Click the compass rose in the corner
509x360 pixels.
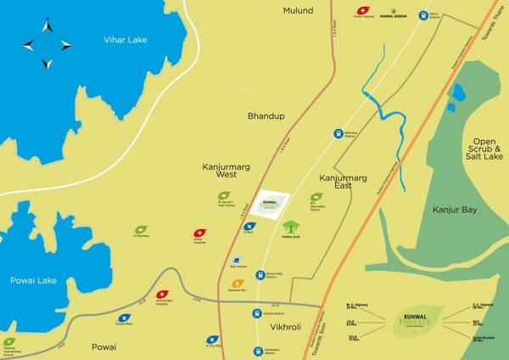tap(47, 45)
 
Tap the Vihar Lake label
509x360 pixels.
tap(126, 40)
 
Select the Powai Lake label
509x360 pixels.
tap(33, 280)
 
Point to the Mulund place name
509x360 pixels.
tap(298, 11)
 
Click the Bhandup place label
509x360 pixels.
tap(263, 114)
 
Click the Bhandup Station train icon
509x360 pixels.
tap(338, 132)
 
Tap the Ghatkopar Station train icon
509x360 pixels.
tap(257, 351)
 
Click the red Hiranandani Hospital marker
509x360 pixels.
tap(163, 295)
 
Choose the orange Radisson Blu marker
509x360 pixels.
tap(238, 283)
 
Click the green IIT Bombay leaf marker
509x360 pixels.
tap(141, 230)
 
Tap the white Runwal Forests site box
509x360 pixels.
tap(273, 205)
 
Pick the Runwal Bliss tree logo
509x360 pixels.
tap(291, 228)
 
